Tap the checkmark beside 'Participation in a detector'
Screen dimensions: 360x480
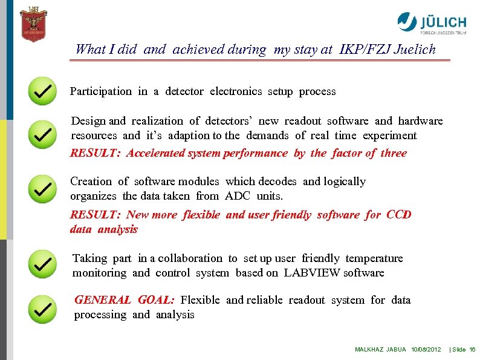click(x=42, y=91)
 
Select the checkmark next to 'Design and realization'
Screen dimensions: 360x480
click(x=42, y=134)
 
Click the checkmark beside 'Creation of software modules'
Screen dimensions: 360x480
click(x=42, y=189)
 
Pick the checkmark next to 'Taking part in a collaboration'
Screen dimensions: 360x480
click(x=42, y=265)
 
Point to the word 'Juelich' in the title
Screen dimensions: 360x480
click(x=414, y=50)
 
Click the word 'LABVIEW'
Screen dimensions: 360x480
click(x=311, y=273)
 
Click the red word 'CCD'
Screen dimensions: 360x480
click(x=398, y=215)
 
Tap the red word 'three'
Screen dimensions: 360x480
click(x=394, y=153)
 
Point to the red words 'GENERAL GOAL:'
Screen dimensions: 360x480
click(x=125, y=300)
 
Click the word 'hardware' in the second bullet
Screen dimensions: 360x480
click(x=420, y=121)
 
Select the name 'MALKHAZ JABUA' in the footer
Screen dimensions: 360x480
click(x=380, y=350)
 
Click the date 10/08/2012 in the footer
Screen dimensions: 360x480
click(x=426, y=350)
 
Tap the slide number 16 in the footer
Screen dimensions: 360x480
click(x=472, y=350)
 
